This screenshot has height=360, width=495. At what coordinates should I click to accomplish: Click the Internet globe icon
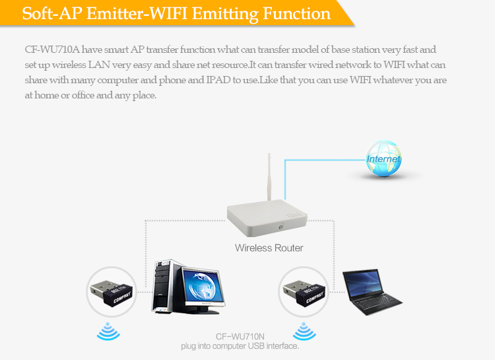pos(383,159)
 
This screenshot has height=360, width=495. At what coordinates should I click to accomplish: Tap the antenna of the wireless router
pos(269,177)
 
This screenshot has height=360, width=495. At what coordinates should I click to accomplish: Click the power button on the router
pos(280,227)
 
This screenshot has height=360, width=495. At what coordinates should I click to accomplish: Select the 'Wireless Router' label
pos(269,248)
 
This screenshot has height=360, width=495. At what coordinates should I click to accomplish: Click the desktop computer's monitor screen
pos(203,287)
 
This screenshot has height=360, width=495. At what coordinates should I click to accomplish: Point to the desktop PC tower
pos(164,286)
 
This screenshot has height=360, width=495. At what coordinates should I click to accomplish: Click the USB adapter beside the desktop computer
pos(112,293)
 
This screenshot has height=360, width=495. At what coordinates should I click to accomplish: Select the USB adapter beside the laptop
pos(304,293)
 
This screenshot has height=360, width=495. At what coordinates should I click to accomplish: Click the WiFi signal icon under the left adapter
pos(108,331)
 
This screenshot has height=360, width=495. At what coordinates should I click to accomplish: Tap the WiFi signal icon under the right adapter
pos(304,331)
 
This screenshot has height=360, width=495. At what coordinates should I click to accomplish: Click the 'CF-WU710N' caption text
pos(240,337)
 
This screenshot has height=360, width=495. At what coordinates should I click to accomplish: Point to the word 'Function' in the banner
pos(296,14)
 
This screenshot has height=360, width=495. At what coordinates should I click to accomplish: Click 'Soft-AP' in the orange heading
pos(52,14)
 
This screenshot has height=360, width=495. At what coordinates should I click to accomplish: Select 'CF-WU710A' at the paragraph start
pos(52,50)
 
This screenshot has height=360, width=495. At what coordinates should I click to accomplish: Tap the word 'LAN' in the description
pos(98,65)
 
